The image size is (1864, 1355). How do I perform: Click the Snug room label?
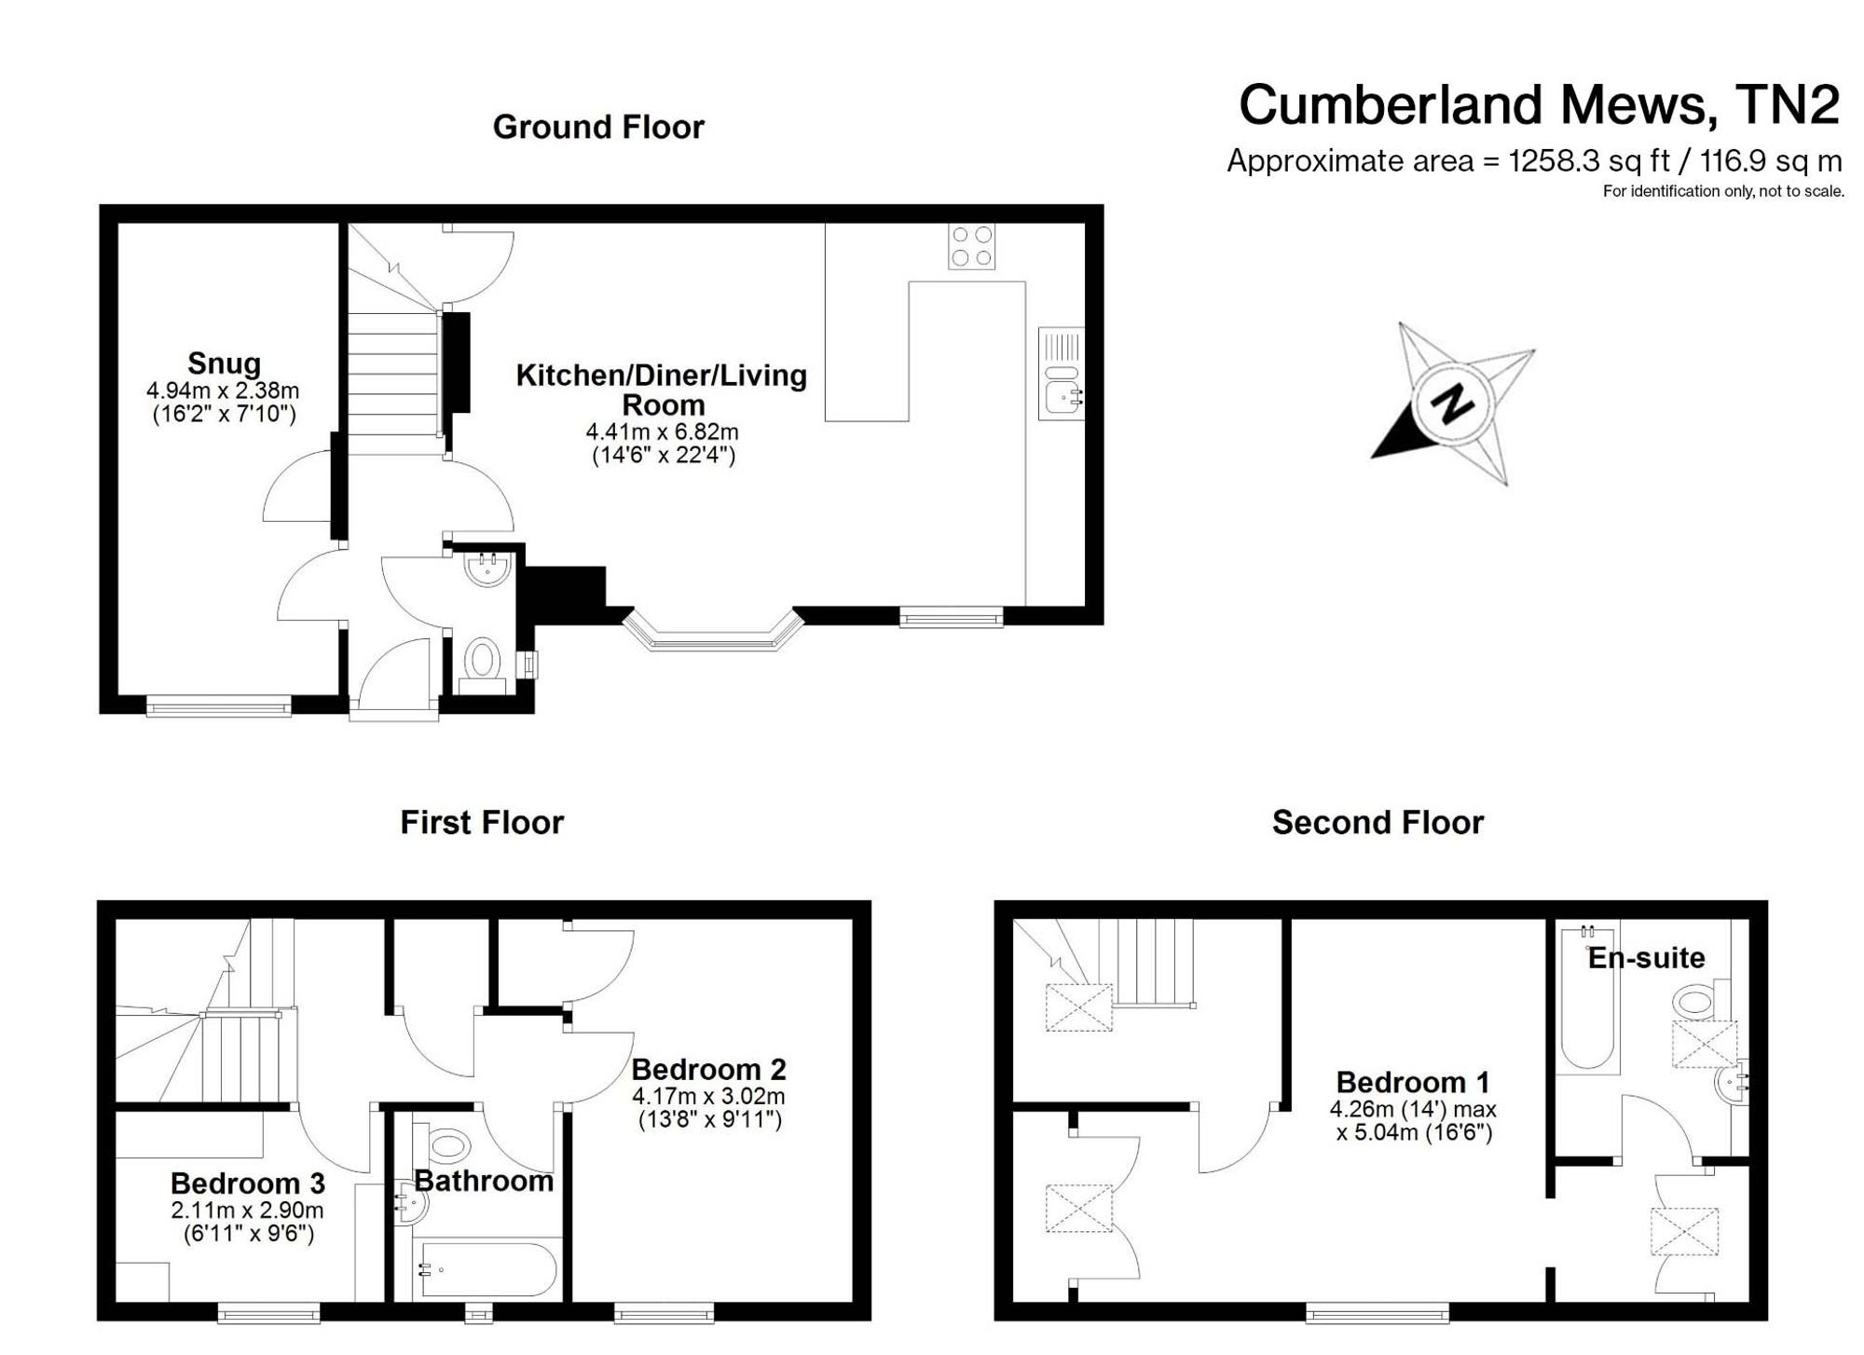pos(224,363)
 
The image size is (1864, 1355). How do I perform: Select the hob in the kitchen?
pos(971,246)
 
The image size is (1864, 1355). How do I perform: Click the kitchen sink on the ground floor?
pos(1062,373)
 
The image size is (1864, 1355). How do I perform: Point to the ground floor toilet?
pos(482,664)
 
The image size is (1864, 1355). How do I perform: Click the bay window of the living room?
pos(713,631)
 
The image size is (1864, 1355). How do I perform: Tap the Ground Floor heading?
pos(598,127)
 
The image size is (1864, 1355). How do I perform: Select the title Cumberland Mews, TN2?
pos(1539,104)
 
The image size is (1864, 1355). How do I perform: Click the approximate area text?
pos(1534,161)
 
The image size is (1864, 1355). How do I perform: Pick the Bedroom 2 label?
pos(708,1069)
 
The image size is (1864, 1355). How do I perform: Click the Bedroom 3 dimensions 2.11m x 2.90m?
pos(247,1211)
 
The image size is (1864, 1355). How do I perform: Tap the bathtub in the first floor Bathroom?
pos(487,1269)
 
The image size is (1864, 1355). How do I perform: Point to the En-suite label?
pos(1646,957)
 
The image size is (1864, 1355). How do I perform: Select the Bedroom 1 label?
pos(1412,1082)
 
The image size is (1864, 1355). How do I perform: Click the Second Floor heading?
pos(1377,823)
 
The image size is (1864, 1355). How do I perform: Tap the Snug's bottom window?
pos(219,707)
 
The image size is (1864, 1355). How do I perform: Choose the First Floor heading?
pos(482,823)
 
